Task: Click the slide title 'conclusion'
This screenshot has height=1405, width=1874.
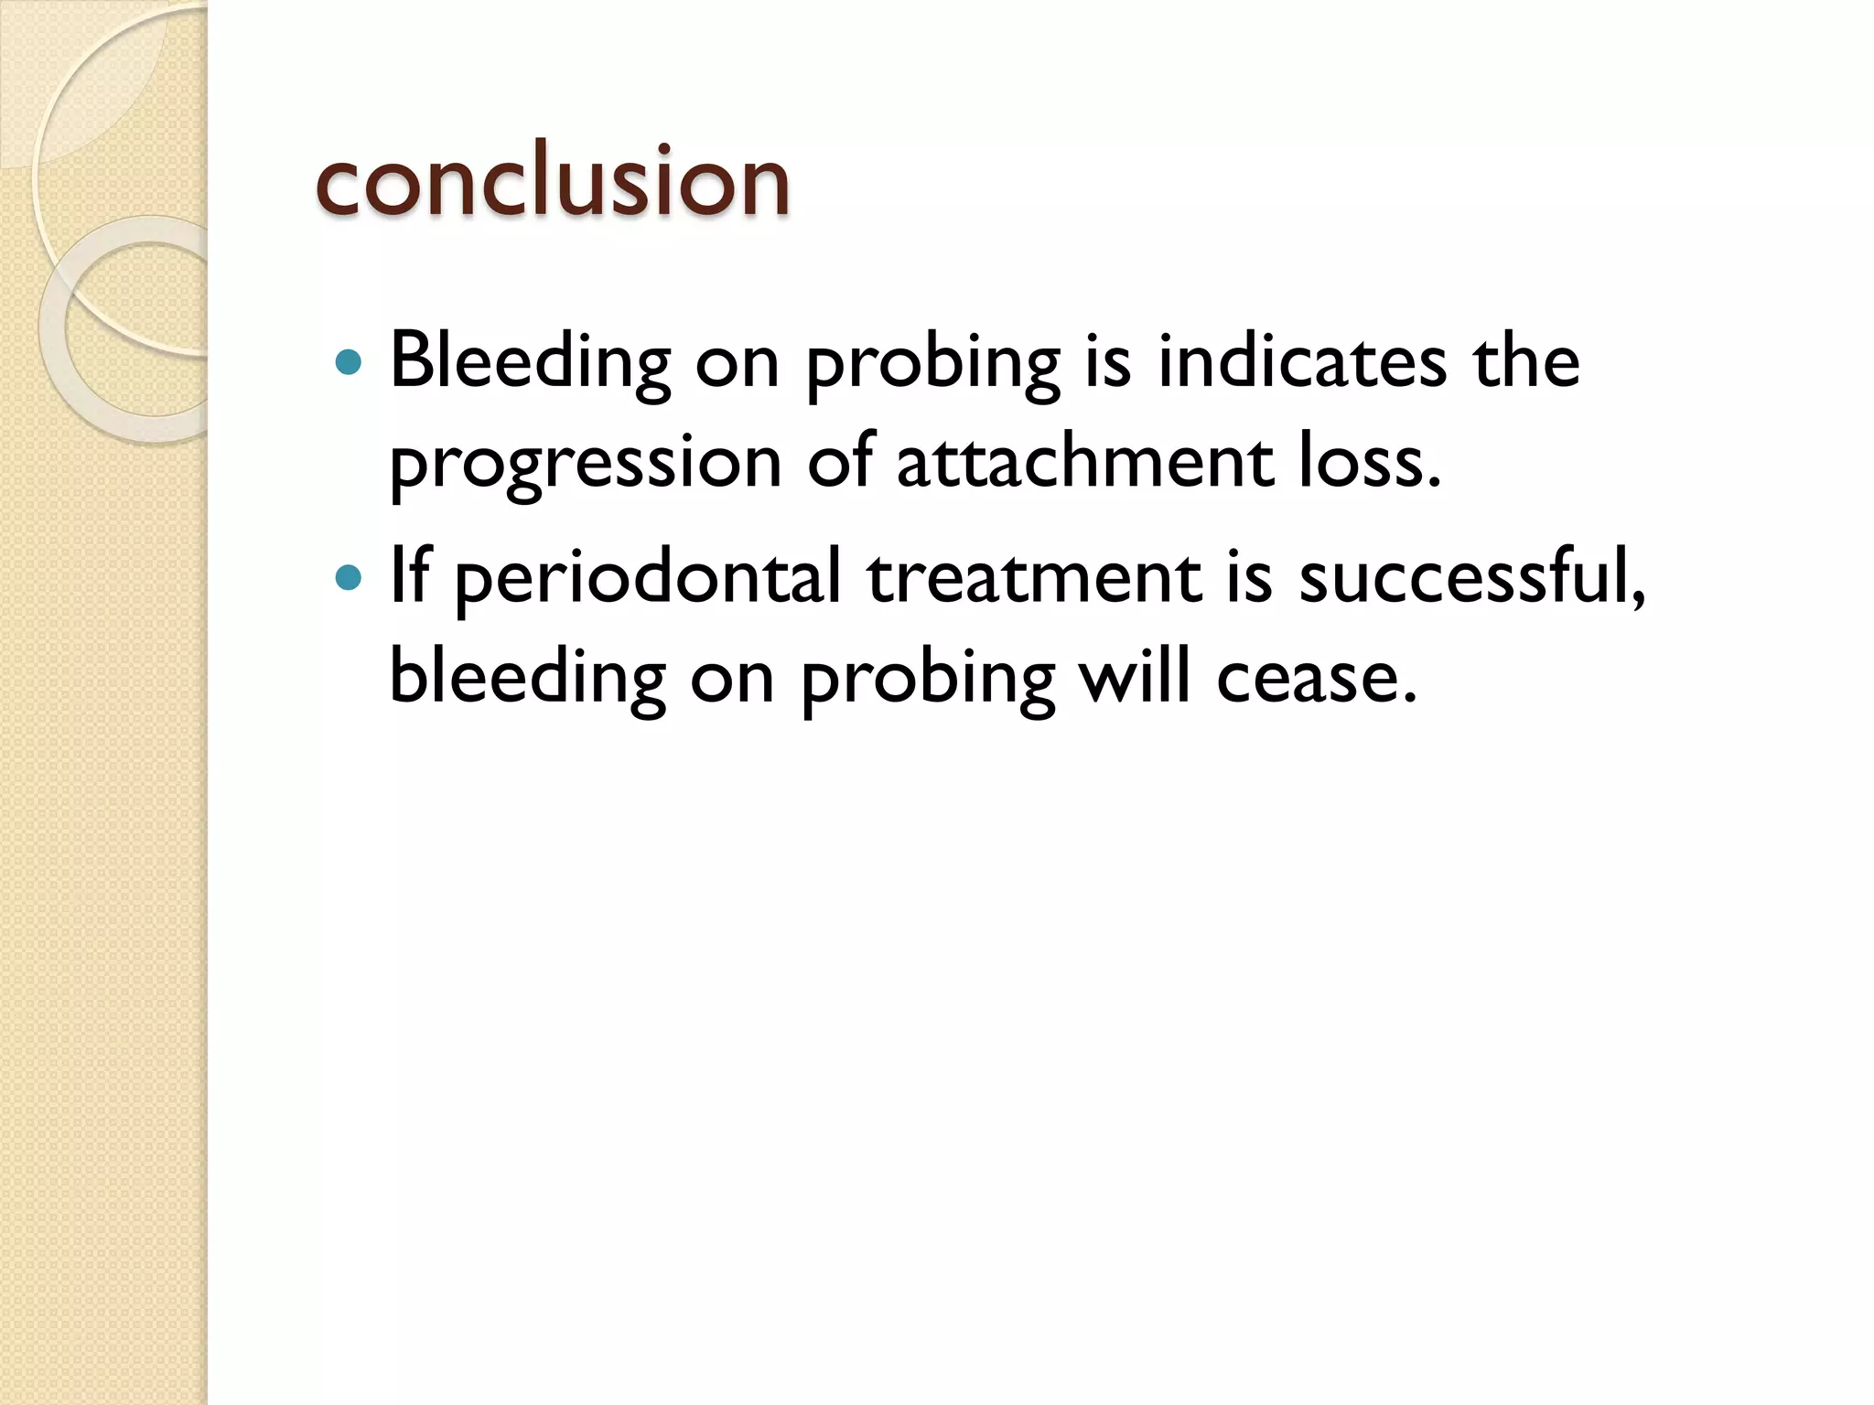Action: click(552, 181)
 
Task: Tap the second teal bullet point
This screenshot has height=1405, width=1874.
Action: click(349, 578)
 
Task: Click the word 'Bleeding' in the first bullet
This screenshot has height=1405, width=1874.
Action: click(530, 361)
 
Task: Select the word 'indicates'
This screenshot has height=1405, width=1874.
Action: click(1302, 361)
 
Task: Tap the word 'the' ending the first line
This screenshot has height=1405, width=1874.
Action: click(1526, 361)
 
